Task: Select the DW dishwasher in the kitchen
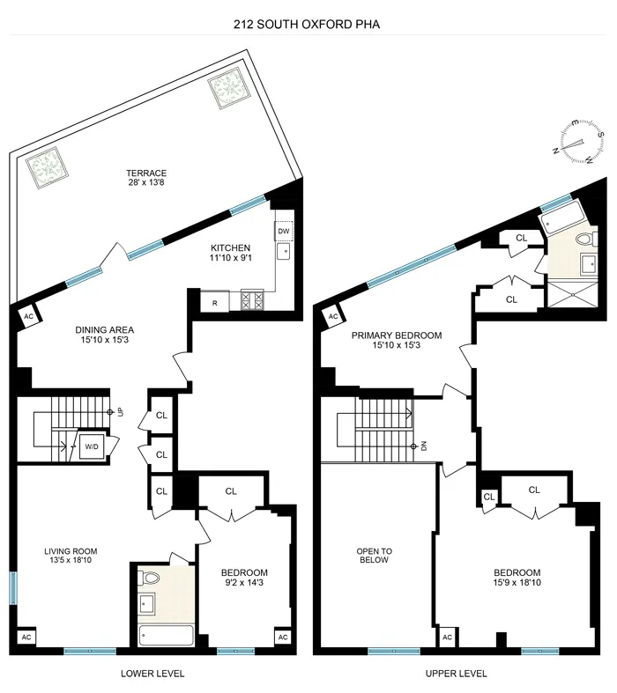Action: (x=283, y=232)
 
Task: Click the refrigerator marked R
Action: (x=214, y=302)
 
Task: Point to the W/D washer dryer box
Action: (x=92, y=446)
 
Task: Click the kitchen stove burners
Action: (x=252, y=301)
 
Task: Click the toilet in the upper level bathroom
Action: (x=583, y=239)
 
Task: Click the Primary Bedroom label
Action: (x=396, y=341)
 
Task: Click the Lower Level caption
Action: (x=152, y=674)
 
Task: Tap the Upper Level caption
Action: (x=456, y=674)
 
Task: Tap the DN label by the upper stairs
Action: (x=424, y=446)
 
